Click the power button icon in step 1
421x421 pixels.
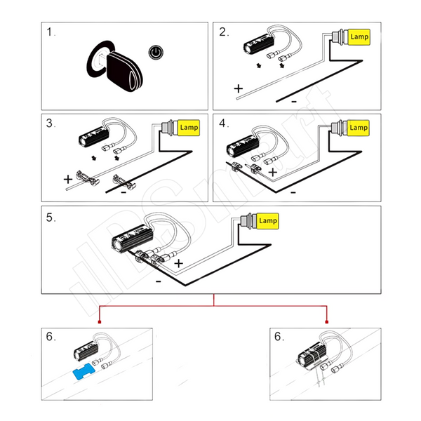coord(156,52)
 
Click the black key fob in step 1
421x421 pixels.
coord(124,70)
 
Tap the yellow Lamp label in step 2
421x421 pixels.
coord(359,37)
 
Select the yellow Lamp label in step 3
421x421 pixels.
coord(189,128)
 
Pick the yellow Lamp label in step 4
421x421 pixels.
coord(358,128)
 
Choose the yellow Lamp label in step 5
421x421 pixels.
coord(268,221)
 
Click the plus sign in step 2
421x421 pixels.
coord(239,88)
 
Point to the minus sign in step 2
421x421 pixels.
coord(294,102)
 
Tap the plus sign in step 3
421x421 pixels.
coord(68,179)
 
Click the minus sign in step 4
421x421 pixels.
coord(293,192)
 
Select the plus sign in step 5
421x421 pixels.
coord(178,263)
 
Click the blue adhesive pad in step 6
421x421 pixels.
coord(84,371)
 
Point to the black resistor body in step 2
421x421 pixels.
coord(258,44)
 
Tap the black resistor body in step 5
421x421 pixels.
coord(132,239)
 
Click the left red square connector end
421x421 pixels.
coord(100,322)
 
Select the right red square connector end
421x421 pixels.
coord(327,322)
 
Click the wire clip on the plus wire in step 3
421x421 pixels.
coord(88,178)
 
